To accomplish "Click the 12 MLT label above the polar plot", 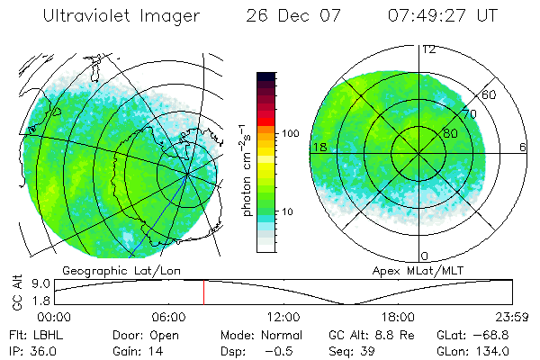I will point(428,49).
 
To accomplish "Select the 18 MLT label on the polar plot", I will point(318,147).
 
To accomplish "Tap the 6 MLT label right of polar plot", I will point(522,147).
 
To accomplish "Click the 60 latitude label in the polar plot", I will point(489,94).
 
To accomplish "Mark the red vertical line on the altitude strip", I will point(203,292).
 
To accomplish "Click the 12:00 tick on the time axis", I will point(283,317).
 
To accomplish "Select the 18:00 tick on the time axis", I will point(398,317).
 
